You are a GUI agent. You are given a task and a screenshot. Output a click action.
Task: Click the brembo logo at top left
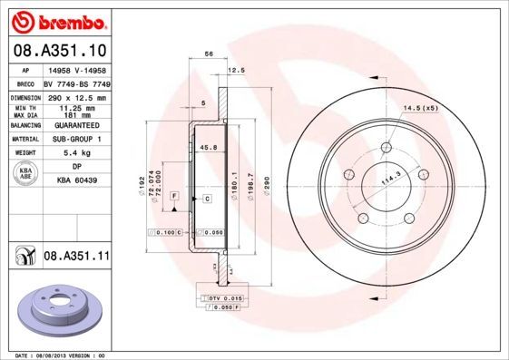(60, 19)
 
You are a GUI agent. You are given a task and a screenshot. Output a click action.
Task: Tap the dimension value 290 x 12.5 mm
(76, 97)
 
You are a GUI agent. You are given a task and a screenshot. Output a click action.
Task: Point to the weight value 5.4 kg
(76, 154)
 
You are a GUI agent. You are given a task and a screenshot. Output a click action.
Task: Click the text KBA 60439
(76, 180)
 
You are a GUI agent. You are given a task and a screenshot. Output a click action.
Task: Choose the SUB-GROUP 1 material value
(76, 140)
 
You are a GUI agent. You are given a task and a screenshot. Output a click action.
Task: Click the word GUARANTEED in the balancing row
(76, 125)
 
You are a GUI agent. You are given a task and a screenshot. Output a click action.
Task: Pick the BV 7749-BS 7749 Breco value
(76, 83)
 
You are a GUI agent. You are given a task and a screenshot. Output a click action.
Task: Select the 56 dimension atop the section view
(209, 54)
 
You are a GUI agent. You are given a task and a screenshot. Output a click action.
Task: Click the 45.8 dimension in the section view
(207, 147)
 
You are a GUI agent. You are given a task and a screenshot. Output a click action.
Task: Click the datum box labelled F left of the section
(173, 196)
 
